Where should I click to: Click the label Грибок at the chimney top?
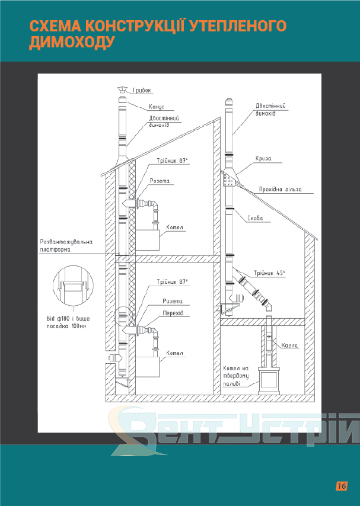tap(142, 90)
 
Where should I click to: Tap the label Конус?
tap(157, 107)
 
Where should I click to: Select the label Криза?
tap(263, 159)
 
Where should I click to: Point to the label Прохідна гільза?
tap(280, 190)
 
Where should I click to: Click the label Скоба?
tap(255, 218)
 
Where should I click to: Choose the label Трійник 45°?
tap(269, 273)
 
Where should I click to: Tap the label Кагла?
tap(289, 345)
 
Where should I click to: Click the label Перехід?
tap(173, 313)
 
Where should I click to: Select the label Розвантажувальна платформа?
tap(66, 245)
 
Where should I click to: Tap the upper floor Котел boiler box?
tap(148, 240)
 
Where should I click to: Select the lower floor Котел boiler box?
tap(148, 367)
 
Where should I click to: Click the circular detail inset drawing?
tap(73, 286)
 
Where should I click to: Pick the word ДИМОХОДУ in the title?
tap(72, 42)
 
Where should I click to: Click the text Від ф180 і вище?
tap(68, 319)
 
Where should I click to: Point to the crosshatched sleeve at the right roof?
tap(228, 180)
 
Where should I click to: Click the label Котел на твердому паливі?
tap(236, 376)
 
